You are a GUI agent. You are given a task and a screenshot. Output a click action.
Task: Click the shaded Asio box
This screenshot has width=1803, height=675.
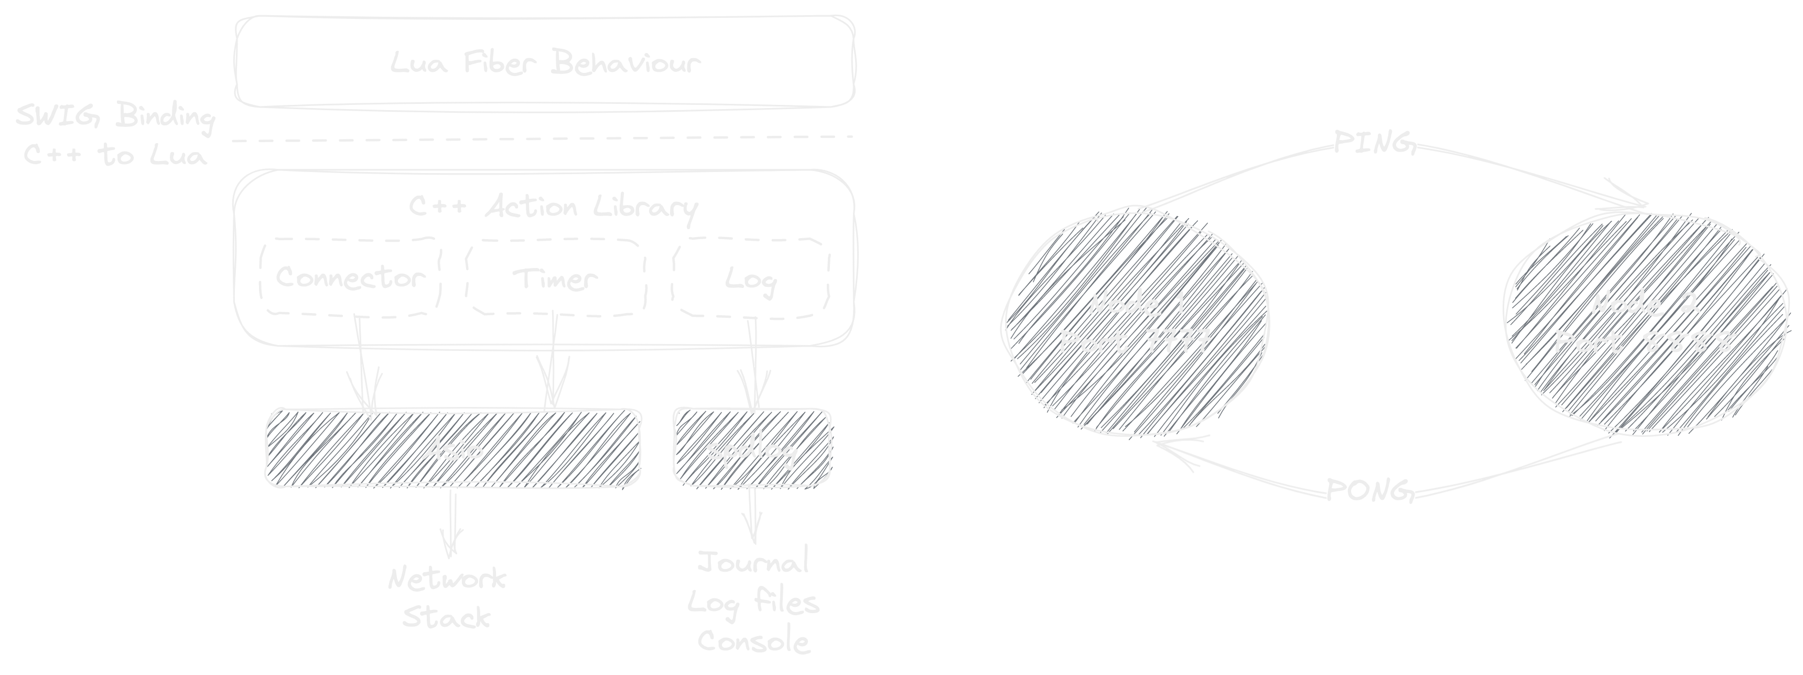452,448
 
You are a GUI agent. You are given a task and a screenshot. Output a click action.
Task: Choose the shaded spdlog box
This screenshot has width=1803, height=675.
752,448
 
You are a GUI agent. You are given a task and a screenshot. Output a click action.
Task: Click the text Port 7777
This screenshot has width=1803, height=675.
1135,342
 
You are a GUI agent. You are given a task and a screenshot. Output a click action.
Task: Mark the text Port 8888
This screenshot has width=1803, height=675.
1645,342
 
